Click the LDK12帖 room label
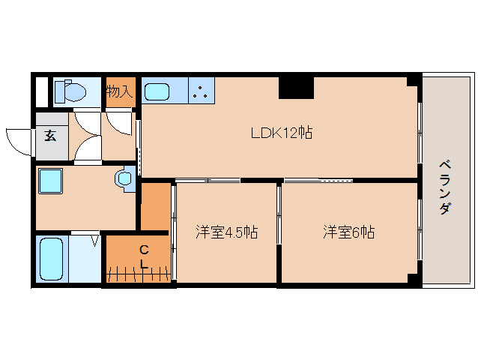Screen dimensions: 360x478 (281, 133)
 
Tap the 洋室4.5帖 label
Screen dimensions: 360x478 (227, 232)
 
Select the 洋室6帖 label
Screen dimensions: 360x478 (348, 232)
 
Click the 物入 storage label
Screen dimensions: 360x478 (119, 92)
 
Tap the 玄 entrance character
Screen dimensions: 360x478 (50, 136)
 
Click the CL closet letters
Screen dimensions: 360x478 (143, 256)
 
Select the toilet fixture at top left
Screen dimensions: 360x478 (72, 92)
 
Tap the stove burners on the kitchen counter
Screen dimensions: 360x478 (200, 92)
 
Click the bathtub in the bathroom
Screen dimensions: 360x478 (51, 259)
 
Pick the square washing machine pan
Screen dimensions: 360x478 (51, 182)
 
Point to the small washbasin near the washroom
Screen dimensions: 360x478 (124, 179)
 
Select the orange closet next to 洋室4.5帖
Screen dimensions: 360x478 (155, 207)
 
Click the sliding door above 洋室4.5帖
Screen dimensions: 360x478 (208, 180)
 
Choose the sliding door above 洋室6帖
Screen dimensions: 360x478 (318, 180)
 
